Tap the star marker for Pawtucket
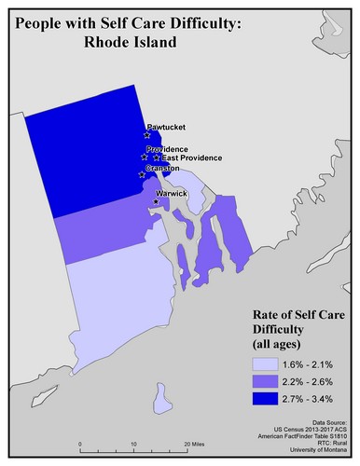click(147, 136)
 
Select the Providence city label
click(169, 149)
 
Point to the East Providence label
click(187, 158)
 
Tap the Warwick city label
click(173, 193)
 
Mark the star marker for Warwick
click(155, 201)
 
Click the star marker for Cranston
click(142, 174)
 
